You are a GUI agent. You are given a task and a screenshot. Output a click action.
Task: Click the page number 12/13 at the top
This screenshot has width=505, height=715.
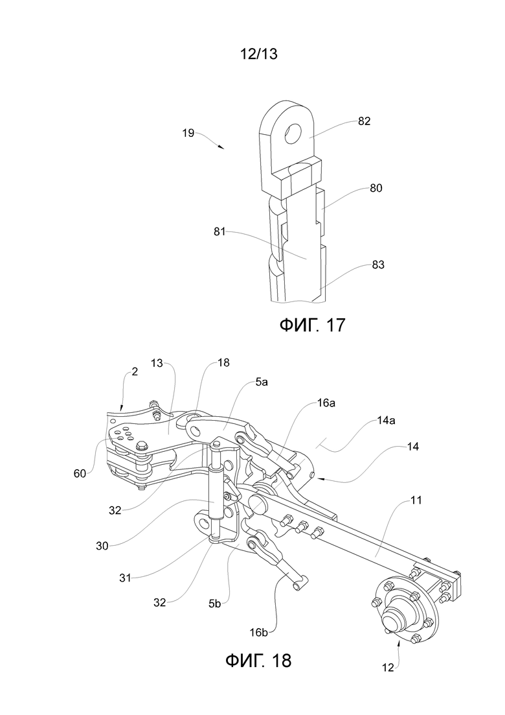coord(258,54)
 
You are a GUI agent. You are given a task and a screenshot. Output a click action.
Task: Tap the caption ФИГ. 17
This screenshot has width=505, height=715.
coord(312,325)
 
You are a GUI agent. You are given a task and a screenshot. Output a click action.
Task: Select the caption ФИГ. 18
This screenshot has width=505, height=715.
coord(258,660)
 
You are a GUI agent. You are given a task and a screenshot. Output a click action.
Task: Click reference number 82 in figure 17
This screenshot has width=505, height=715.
coord(365,121)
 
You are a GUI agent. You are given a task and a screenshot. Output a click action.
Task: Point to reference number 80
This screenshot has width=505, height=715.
coord(376,188)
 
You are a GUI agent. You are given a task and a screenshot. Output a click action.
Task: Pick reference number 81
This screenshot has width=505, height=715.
coord(220,231)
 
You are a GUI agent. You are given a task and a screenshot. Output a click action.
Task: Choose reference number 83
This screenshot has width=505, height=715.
coord(378,264)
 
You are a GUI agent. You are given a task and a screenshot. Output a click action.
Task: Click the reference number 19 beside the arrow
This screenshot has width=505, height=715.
coord(188,133)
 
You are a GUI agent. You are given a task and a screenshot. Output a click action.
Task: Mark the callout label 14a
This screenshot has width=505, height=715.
coord(385,421)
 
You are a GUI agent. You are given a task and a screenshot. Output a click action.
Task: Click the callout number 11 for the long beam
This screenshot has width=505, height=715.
coord(416,500)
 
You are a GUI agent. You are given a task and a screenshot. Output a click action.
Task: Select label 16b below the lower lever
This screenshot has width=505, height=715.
coord(258,632)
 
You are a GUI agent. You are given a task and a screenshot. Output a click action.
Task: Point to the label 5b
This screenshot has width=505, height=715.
coord(214,604)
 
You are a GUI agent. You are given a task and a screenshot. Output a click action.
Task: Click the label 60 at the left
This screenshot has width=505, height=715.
coord(80,474)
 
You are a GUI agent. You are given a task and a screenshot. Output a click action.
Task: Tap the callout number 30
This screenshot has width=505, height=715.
coord(102,545)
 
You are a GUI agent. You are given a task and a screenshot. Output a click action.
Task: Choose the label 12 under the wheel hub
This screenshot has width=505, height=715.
coord(388,668)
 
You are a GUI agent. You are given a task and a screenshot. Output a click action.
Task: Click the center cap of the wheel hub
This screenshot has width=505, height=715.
coord(394,622)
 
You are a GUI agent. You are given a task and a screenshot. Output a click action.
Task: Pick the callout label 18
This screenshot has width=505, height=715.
coord(223,363)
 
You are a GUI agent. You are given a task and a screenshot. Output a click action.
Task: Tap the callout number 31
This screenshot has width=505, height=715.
coord(125,578)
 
